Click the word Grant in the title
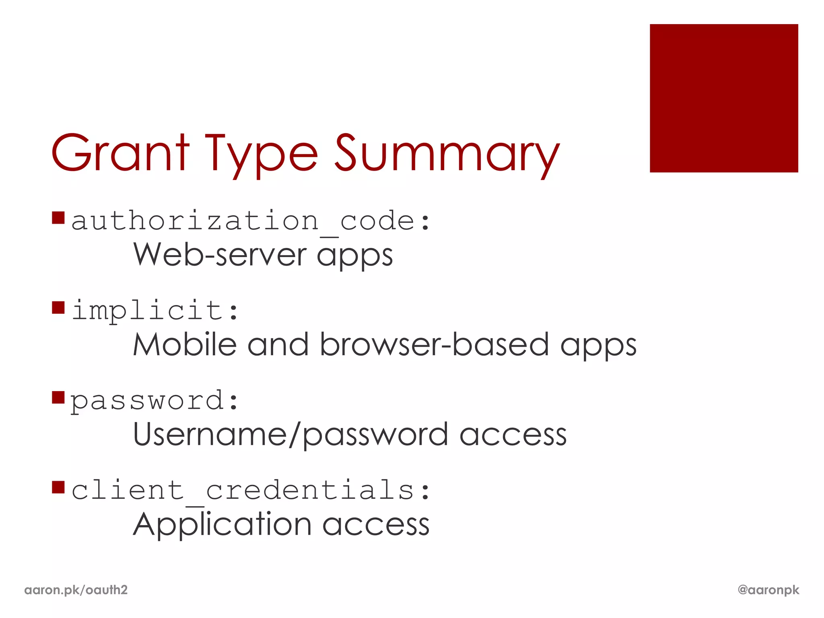(x=120, y=153)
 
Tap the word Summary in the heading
(x=447, y=155)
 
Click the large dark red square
(x=723, y=98)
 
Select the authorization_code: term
(x=250, y=221)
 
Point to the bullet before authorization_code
(x=58, y=218)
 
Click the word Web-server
(x=220, y=255)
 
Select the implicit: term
(x=155, y=311)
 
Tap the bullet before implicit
(x=58, y=307)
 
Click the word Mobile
(x=185, y=345)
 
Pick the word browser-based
(x=435, y=345)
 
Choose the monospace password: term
(x=155, y=401)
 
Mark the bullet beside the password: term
(x=58, y=397)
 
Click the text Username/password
(x=290, y=435)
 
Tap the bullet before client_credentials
(x=58, y=487)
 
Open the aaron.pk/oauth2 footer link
(x=76, y=590)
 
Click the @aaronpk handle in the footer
(x=768, y=590)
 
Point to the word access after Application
(x=376, y=525)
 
